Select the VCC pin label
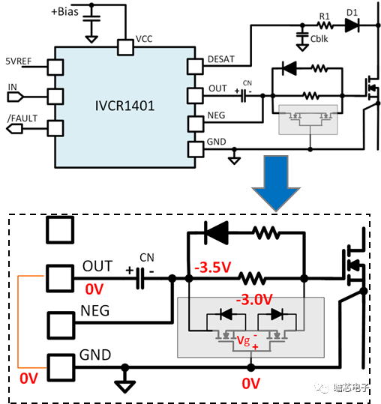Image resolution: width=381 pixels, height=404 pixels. pyautogui.click(x=145, y=37)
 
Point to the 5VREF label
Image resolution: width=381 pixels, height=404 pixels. pyautogui.click(x=19, y=61)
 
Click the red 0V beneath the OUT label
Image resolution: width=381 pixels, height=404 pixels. pyautogui.click(x=94, y=289)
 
